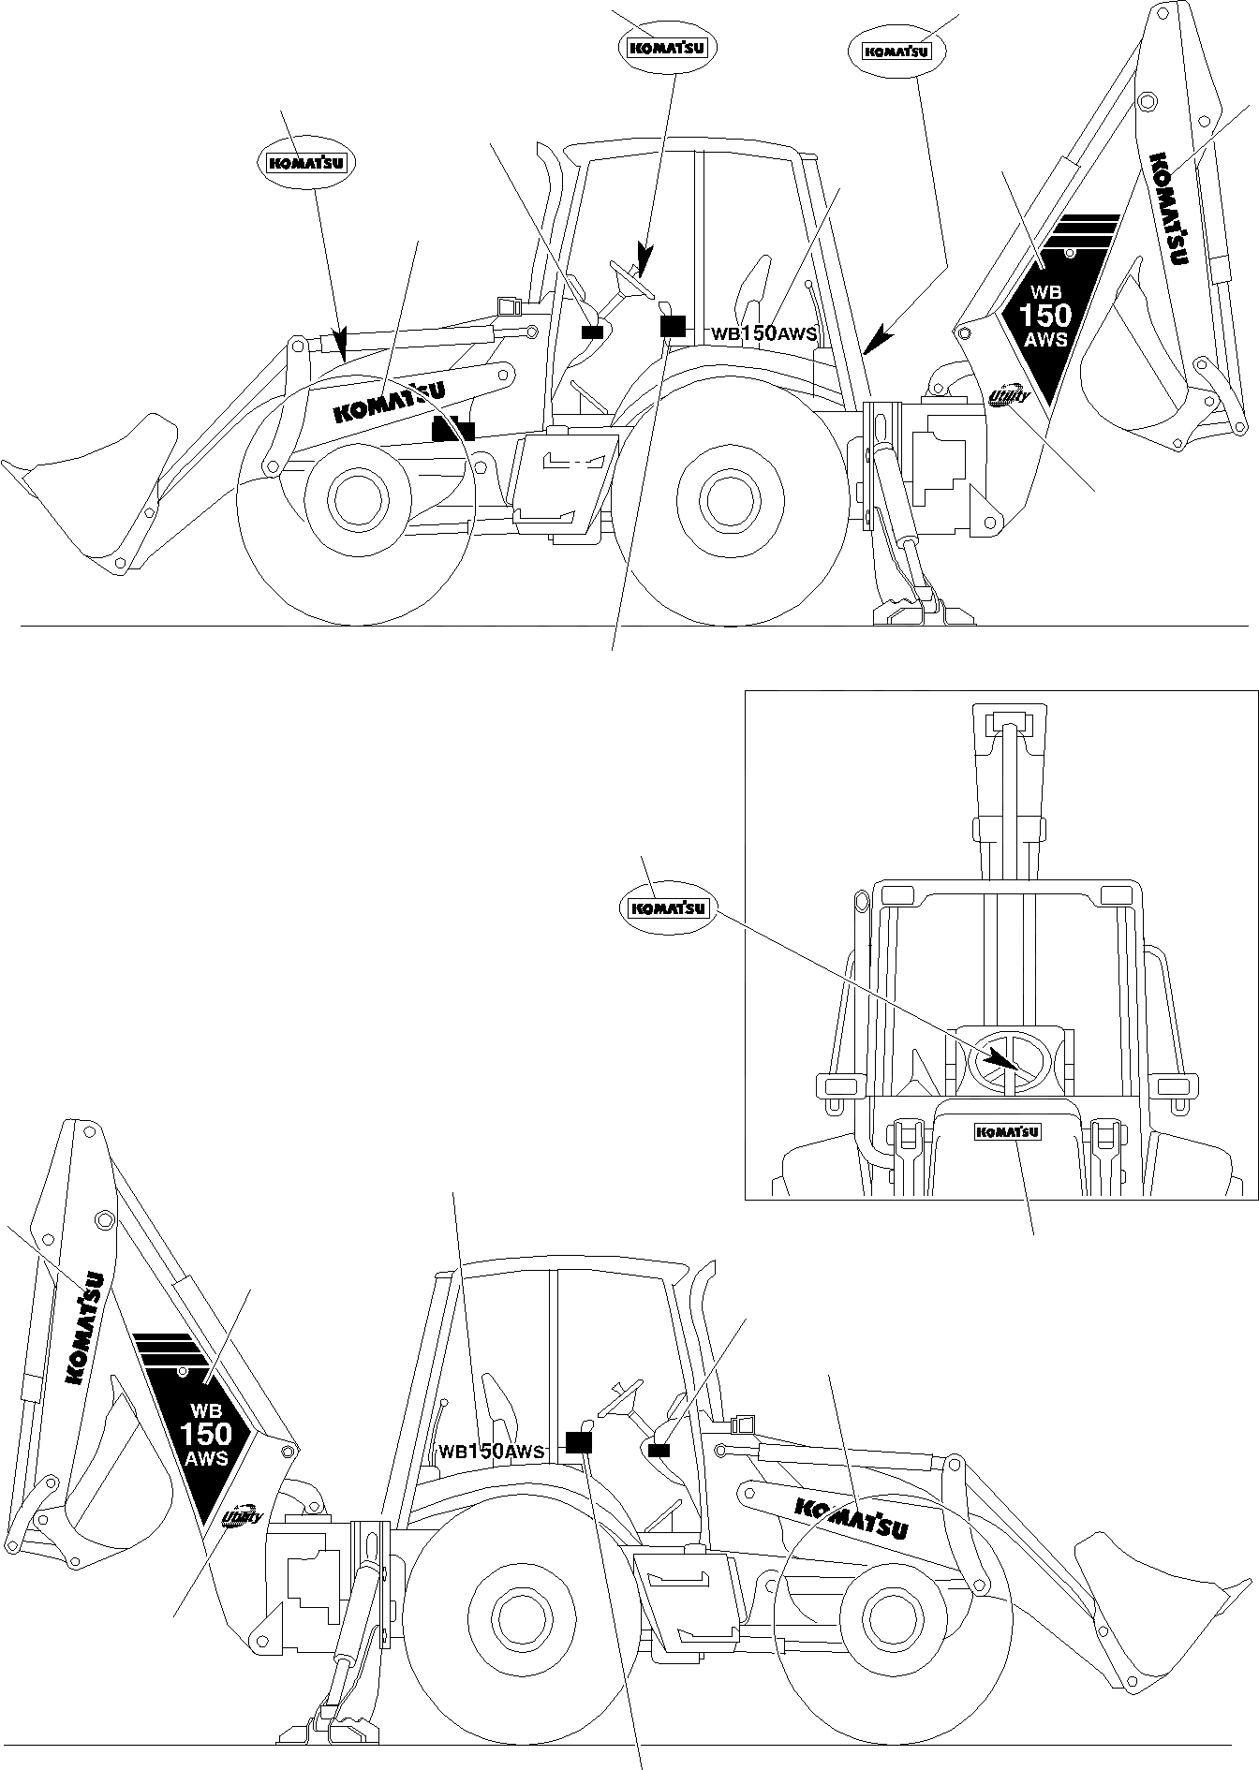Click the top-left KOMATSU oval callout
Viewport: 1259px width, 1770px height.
coord(306,162)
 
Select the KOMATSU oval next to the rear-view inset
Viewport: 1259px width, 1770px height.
coord(668,907)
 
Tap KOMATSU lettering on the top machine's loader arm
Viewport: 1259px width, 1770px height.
coord(389,401)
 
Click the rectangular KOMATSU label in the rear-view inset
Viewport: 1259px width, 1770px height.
coord(1008,1132)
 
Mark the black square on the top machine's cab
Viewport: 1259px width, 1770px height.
coord(673,326)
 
